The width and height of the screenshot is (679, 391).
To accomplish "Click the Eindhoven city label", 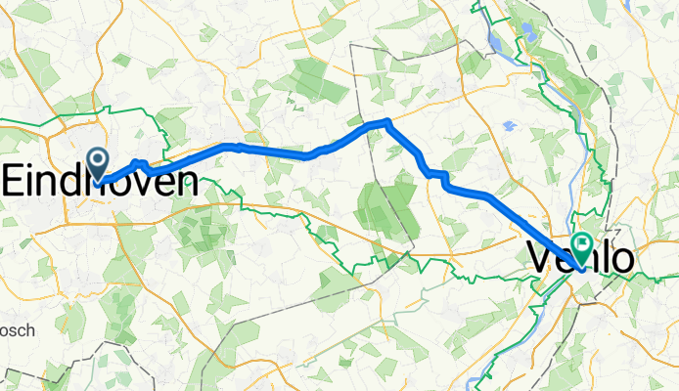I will coord(100,182).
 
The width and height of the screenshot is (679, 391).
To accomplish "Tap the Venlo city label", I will coord(579,258).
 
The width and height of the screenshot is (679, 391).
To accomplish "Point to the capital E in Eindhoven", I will coord(15,182).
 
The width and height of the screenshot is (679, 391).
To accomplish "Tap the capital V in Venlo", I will coord(541,258).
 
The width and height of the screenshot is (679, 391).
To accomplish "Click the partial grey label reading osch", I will coord(17,331).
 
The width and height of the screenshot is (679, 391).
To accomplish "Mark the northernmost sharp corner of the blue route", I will coord(388,120).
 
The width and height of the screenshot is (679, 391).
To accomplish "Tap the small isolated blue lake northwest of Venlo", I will coord(508,126).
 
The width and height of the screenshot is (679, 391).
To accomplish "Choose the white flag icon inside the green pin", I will coord(585,245).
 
